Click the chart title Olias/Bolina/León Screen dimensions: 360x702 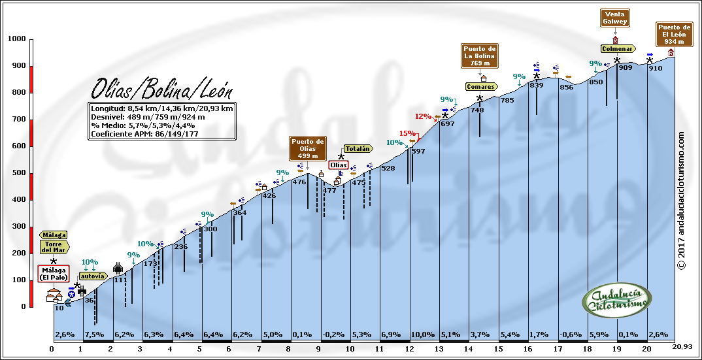point(161,88)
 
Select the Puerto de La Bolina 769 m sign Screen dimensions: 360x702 point(480,56)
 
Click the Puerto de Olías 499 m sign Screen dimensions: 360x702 point(307,148)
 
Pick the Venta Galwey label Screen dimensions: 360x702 point(616,18)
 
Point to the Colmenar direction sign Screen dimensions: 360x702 point(618,48)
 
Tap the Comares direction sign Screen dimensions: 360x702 point(481,86)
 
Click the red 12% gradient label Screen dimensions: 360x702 point(424,116)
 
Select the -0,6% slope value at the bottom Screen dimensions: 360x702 point(573,335)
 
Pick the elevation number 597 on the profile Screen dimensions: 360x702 point(418,152)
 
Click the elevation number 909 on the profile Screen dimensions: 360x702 point(625,68)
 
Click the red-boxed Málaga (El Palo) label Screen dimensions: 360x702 point(54,274)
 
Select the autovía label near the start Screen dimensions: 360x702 point(92,276)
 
